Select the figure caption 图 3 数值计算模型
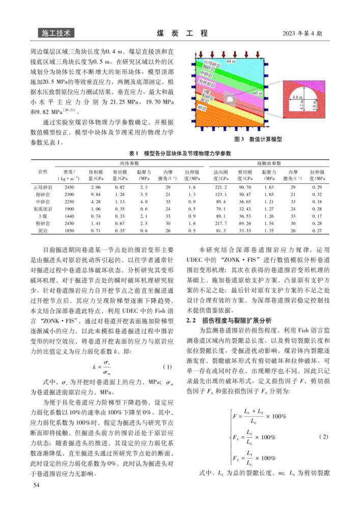coord(257,139)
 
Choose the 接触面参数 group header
coord(269,163)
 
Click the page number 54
coord(36,486)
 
